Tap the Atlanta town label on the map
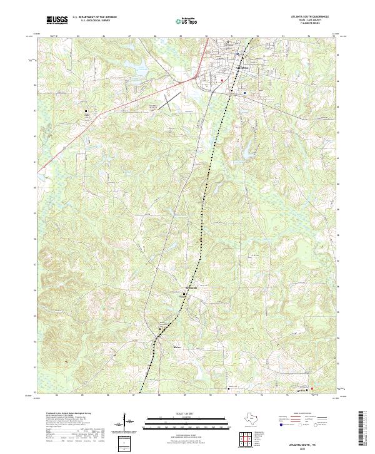(x=241, y=67)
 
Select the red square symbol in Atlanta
(x=221, y=80)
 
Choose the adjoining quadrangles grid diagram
(x=246, y=440)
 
